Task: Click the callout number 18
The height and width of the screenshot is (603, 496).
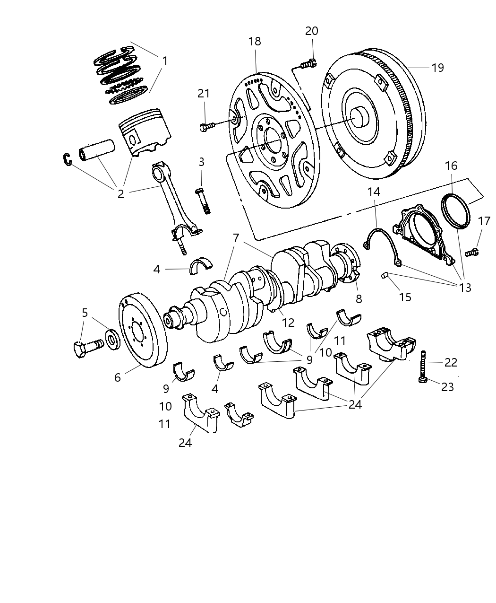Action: (x=255, y=41)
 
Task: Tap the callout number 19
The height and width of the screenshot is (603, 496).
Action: (x=437, y=68)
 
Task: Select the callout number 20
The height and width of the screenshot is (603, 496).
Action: (x=312, y=31)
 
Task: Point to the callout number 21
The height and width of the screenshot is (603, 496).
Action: (x=204, y=93)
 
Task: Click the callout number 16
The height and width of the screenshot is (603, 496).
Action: (x=451, y=166)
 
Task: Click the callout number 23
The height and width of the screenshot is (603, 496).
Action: (x=447, y=387)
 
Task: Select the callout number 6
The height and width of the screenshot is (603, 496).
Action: (x=118, y=376)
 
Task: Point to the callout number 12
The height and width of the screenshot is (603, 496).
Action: (x=288, y=323)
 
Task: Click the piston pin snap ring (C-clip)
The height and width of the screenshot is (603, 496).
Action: (x=68, y=160)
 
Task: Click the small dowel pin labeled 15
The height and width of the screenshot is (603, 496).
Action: (x=385, y=275)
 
